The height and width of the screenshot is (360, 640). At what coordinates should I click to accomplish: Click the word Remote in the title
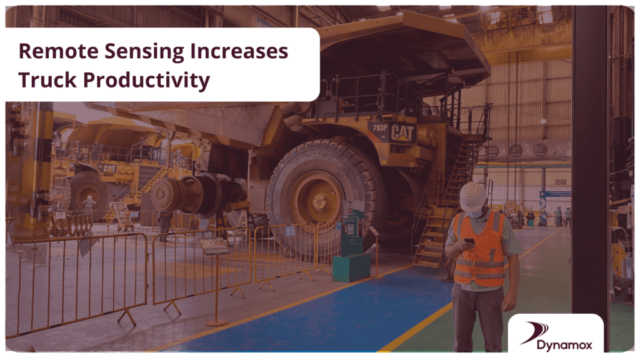tap(58, 51)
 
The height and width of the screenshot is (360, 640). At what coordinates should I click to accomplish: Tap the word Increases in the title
tap(239, 51)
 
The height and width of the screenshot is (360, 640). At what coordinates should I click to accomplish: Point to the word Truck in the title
tap(47, 79)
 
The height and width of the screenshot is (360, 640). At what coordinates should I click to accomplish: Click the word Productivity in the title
tap(146, 81)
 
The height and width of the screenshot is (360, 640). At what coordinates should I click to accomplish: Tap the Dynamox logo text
tap(564, 345)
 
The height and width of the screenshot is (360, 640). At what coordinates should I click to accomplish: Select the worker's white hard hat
tap(472, 196)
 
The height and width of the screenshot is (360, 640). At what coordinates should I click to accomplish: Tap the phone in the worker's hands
tap(469, 241)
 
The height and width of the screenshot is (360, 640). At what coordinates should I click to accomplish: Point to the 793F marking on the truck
tap(379, 127)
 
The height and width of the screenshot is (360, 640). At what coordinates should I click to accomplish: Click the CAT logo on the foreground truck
tap(402, 132)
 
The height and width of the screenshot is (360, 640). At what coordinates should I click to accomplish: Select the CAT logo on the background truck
tap(109, 168)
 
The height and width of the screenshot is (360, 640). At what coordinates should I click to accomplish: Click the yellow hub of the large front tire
tap(317, 199)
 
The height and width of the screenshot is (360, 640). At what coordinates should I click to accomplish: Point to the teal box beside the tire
tap(351, 267)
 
